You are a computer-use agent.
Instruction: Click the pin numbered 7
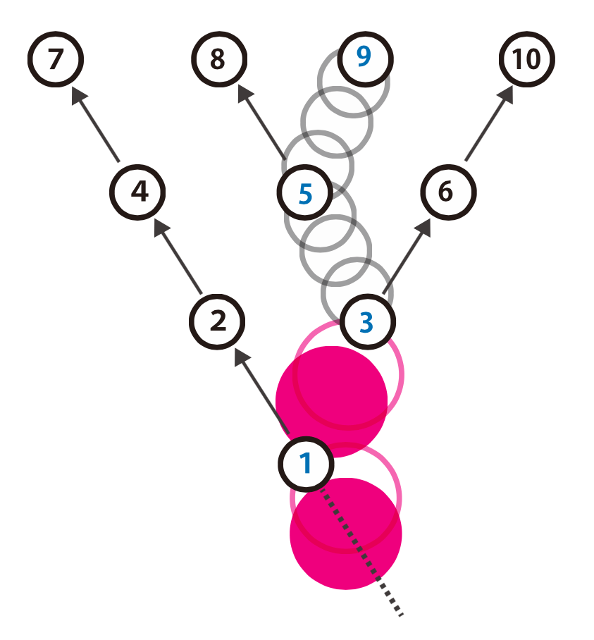coord(56,59)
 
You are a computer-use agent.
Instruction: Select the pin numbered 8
coord(219,59)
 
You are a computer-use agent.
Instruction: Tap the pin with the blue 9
coord(365,59)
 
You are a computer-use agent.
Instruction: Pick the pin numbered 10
coord(526,59)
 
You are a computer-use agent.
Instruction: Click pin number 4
coord(137,192)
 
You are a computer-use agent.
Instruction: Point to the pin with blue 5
coord(305,192)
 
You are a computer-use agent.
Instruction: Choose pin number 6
coord(448,192)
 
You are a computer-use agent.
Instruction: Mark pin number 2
coord(217,321)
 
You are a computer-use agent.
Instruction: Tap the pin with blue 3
coord(368,321)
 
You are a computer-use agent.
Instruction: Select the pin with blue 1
coord(306,464)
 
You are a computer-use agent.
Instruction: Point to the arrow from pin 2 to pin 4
coord(178,256)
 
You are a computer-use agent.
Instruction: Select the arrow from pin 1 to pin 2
coord(262,391)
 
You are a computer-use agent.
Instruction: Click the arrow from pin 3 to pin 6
coord(407,256)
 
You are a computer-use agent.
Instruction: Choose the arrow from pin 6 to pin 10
coord(489,123)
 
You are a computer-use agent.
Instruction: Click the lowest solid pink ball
coord(346,534)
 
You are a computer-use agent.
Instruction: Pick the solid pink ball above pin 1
coord(332,402)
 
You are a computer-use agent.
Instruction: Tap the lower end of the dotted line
coord(402,615)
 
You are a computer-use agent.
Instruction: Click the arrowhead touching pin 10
coord(506,94)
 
